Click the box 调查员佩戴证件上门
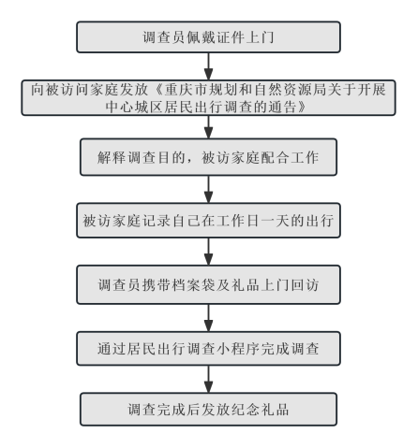208,37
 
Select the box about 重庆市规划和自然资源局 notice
208,98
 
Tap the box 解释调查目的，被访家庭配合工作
208,157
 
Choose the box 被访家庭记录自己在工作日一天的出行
208,221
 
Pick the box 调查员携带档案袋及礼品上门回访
208,284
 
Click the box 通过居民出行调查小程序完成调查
208,349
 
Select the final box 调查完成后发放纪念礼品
208,410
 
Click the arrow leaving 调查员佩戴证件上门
208,66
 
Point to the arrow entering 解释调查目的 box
208,127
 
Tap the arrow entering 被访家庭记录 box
208,190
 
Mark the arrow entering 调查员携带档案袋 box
208,252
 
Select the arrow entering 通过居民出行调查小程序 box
208,318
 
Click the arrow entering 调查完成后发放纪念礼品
208,379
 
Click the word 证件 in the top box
231,37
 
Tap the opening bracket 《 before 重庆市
157,90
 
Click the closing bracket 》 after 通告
303,107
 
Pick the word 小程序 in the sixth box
238,349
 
